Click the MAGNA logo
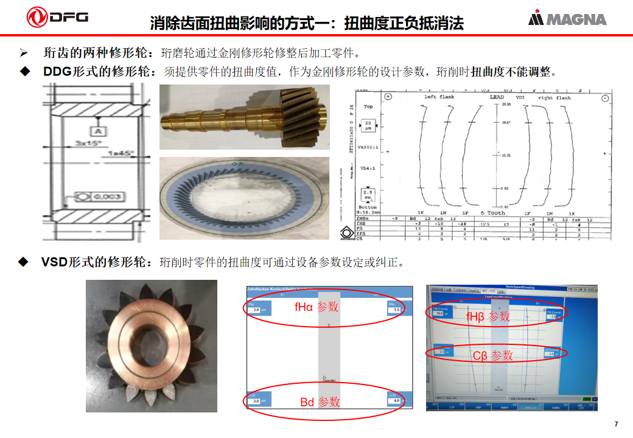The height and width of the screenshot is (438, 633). (x=567, y=19)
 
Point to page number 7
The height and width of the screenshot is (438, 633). (x=616, y=424)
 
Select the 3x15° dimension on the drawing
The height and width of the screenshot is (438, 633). (x=88, y=144)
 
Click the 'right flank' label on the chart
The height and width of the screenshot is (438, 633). (x=554, y=97)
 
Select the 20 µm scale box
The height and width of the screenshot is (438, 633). (x=368, y=125)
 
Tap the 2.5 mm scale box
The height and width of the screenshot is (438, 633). (x=368, y=195)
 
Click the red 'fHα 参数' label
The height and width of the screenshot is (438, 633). (x=315, y=307)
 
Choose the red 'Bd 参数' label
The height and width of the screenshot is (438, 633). (x=320, y=402)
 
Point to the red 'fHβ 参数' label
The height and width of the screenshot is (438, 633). (x=488, y=317)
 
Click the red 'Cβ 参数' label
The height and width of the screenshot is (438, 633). (x=492, y=355)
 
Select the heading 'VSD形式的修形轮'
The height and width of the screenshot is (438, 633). (x=94, y=262)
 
